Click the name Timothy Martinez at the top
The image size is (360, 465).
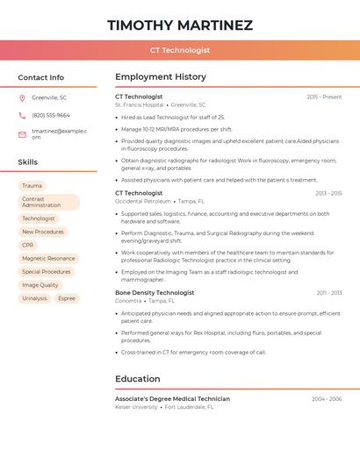click(180, 25)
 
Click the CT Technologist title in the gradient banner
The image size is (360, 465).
click(180, 50)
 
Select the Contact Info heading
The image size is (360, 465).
click(40, 77)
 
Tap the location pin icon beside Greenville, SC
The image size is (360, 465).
click(22, 97)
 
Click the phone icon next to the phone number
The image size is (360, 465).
click(22, 115)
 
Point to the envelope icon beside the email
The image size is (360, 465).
click(22, 133)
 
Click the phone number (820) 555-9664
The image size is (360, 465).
click(51, 115)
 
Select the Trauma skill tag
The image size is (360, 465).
click(32, 186)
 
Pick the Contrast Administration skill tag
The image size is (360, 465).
click(48, 202)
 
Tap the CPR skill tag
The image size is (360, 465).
click(28, 246)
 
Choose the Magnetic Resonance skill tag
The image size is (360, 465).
click(48, 259)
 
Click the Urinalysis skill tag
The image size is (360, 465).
click(34, 298)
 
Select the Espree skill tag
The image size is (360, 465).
click(67, 298)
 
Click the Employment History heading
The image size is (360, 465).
click(161, 77)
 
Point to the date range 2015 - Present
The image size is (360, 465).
click(324, 97)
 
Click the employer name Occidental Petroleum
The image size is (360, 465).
click(141, 201)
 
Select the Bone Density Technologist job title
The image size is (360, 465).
click(155, 292)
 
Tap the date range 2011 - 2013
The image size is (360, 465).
click(329, 292)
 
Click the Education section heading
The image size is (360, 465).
click(137, 379)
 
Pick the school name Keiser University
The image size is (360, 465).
click(136, 407)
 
